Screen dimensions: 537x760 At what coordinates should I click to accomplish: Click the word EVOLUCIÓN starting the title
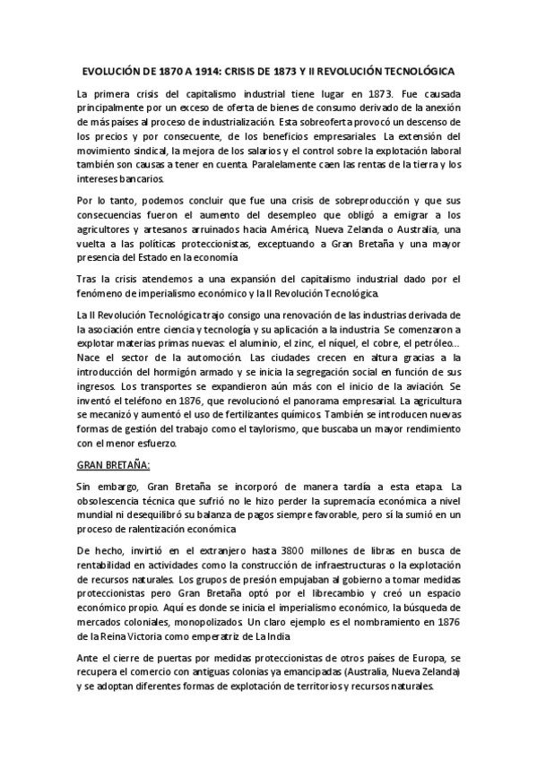(x=107, y=69)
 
